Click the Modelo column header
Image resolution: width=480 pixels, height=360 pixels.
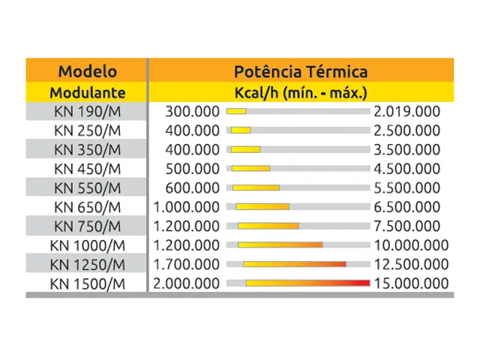(88, 72)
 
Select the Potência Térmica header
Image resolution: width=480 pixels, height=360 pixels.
(299, 72)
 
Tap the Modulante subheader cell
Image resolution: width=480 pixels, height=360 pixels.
(88, 93)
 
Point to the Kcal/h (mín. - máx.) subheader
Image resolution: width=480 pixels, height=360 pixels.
(299, 93)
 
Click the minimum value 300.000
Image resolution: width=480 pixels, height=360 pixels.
(193, 112)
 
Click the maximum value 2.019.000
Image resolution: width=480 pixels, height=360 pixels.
(406, 112)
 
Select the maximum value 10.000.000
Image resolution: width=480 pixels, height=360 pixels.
(410, 245)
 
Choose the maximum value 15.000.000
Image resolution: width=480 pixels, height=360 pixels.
(410, 283)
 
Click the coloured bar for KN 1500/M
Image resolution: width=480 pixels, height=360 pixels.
(307, 283)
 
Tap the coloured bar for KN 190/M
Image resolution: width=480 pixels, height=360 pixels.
(237, 112)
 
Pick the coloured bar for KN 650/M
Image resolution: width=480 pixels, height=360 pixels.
(262, 206)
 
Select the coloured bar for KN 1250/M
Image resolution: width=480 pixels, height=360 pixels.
(294, 264)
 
